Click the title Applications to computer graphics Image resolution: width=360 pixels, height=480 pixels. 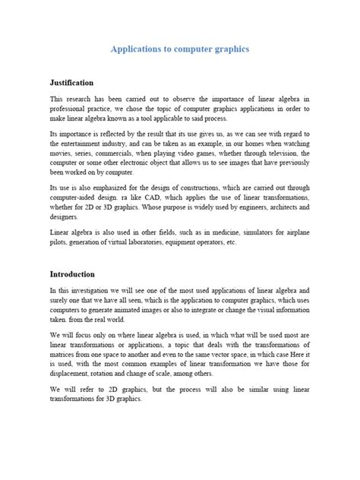[180, 48]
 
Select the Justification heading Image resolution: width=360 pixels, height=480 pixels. [71, 82]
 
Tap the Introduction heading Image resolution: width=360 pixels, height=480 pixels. [73, 273]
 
